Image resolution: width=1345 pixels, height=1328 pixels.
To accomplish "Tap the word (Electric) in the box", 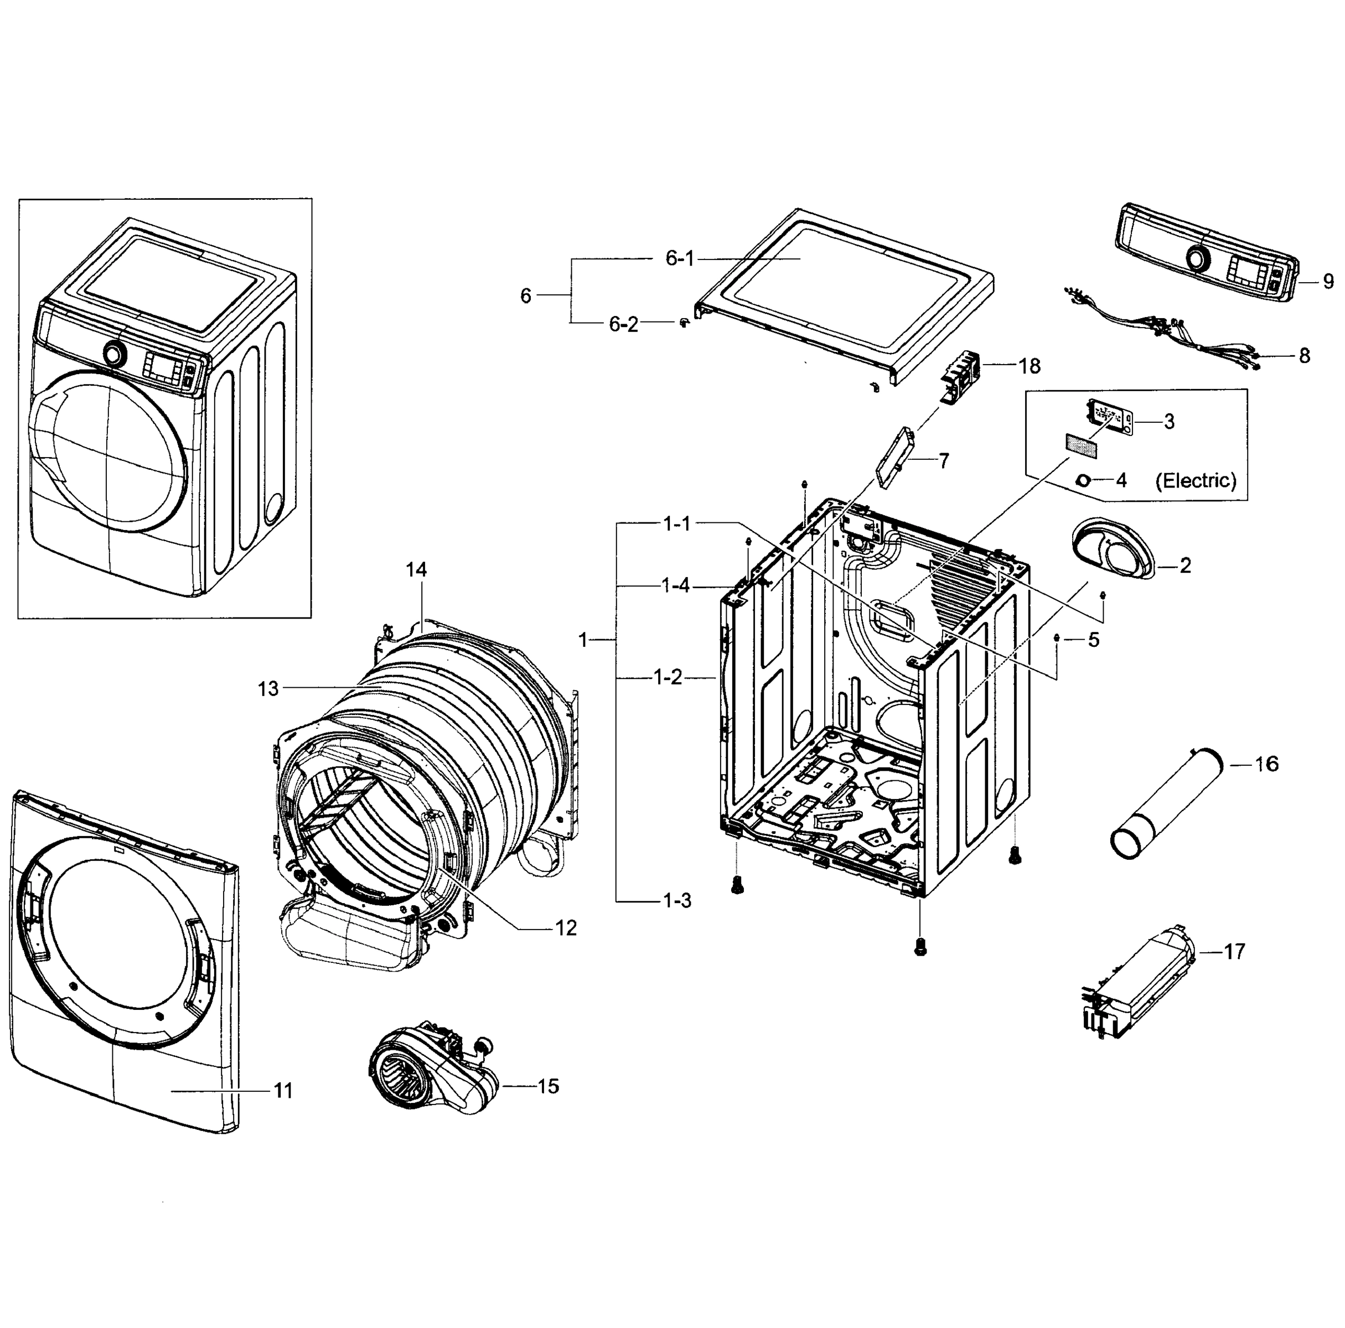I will [x=1196, y=480].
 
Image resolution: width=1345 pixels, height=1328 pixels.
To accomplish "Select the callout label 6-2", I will [x=623, y=324].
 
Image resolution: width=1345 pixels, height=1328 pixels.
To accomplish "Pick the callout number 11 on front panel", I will [x=283, y=1091].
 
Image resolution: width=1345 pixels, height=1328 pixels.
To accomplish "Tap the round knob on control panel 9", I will [x=1197, y=259].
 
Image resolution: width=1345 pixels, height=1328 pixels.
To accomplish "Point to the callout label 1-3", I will [x=676, y=901].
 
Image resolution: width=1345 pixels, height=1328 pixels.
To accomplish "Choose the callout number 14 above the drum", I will [x=416, y=569].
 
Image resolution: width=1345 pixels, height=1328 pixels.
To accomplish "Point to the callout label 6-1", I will [x=680, y=259].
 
